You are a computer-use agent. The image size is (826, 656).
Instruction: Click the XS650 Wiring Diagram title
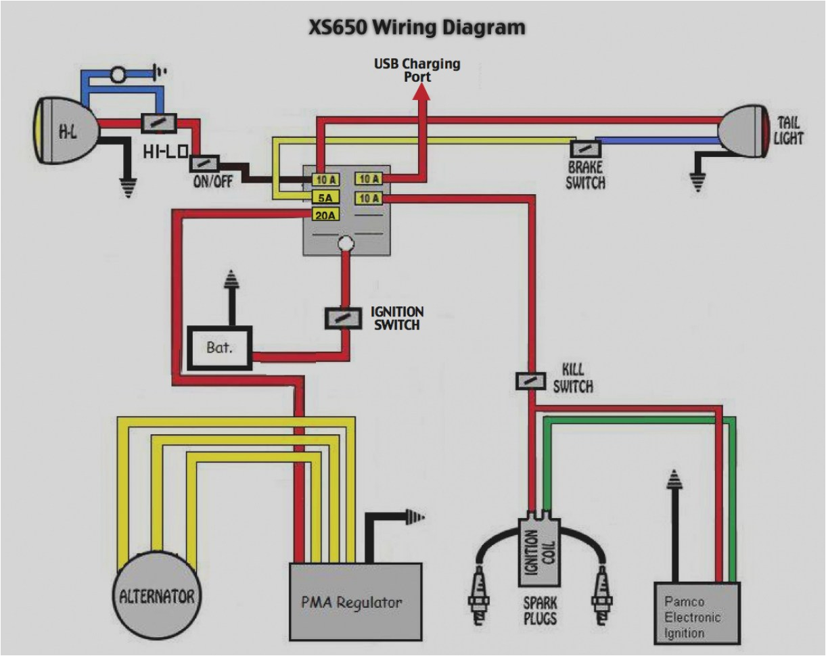click(416, 28)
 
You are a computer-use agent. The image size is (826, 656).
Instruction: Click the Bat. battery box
click(219, 348)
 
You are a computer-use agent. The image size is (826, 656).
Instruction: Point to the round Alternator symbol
click(156, 596)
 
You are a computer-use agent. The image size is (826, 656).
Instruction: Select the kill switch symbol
click(531, 381)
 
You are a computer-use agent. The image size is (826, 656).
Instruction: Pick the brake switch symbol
click(584, 149)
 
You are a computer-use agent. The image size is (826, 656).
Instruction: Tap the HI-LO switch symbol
click(160, 123)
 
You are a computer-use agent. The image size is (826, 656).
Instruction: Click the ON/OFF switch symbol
click(204, 164)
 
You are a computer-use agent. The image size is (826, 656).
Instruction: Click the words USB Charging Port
click(418, 70)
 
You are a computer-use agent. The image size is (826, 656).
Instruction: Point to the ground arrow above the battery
click(231, 278)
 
